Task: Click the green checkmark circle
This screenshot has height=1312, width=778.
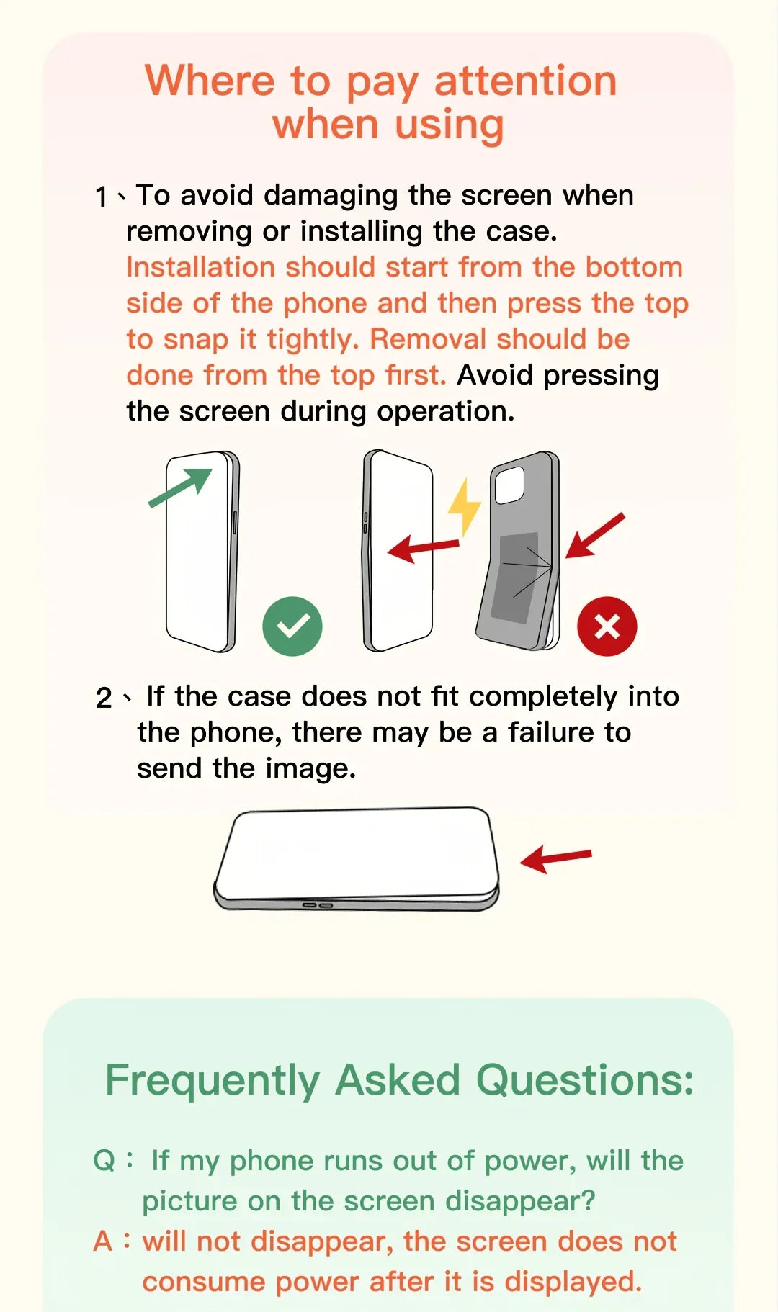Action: (x=292, y=626)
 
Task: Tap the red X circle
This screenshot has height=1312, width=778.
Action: (x=607, y=626)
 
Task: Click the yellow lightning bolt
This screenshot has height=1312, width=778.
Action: (x=465, y=507)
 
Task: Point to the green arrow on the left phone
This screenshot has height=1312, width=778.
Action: (x=181, y=487)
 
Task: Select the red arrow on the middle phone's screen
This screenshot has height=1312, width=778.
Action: (x=424, y=549)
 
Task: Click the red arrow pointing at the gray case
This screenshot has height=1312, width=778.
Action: (x=595, y=536)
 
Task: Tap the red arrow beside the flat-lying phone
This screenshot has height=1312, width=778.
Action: (x=555, y=858)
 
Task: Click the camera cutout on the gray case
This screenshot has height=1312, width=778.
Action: (x=509, y=485)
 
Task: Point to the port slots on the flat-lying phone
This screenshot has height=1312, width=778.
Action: (x=318, y=904)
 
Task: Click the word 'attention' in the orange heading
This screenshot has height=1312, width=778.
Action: (x=526, y=81)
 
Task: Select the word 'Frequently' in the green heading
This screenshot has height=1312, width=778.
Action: (x=213, y=1081)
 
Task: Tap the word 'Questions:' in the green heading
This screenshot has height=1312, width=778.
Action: (x=585, y=1080)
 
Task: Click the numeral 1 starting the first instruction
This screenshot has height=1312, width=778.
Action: (x=102, y=197)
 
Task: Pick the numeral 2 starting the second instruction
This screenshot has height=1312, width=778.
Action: (x=104, y=698)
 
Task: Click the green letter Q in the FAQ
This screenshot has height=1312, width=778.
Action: (x=104, y=1161)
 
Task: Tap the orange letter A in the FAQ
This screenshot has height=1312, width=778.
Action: (x=103, y=1241)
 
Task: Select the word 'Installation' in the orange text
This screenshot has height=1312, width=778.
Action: (x=201, y=267)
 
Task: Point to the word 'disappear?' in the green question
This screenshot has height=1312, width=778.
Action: (x=520, y=1201)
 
